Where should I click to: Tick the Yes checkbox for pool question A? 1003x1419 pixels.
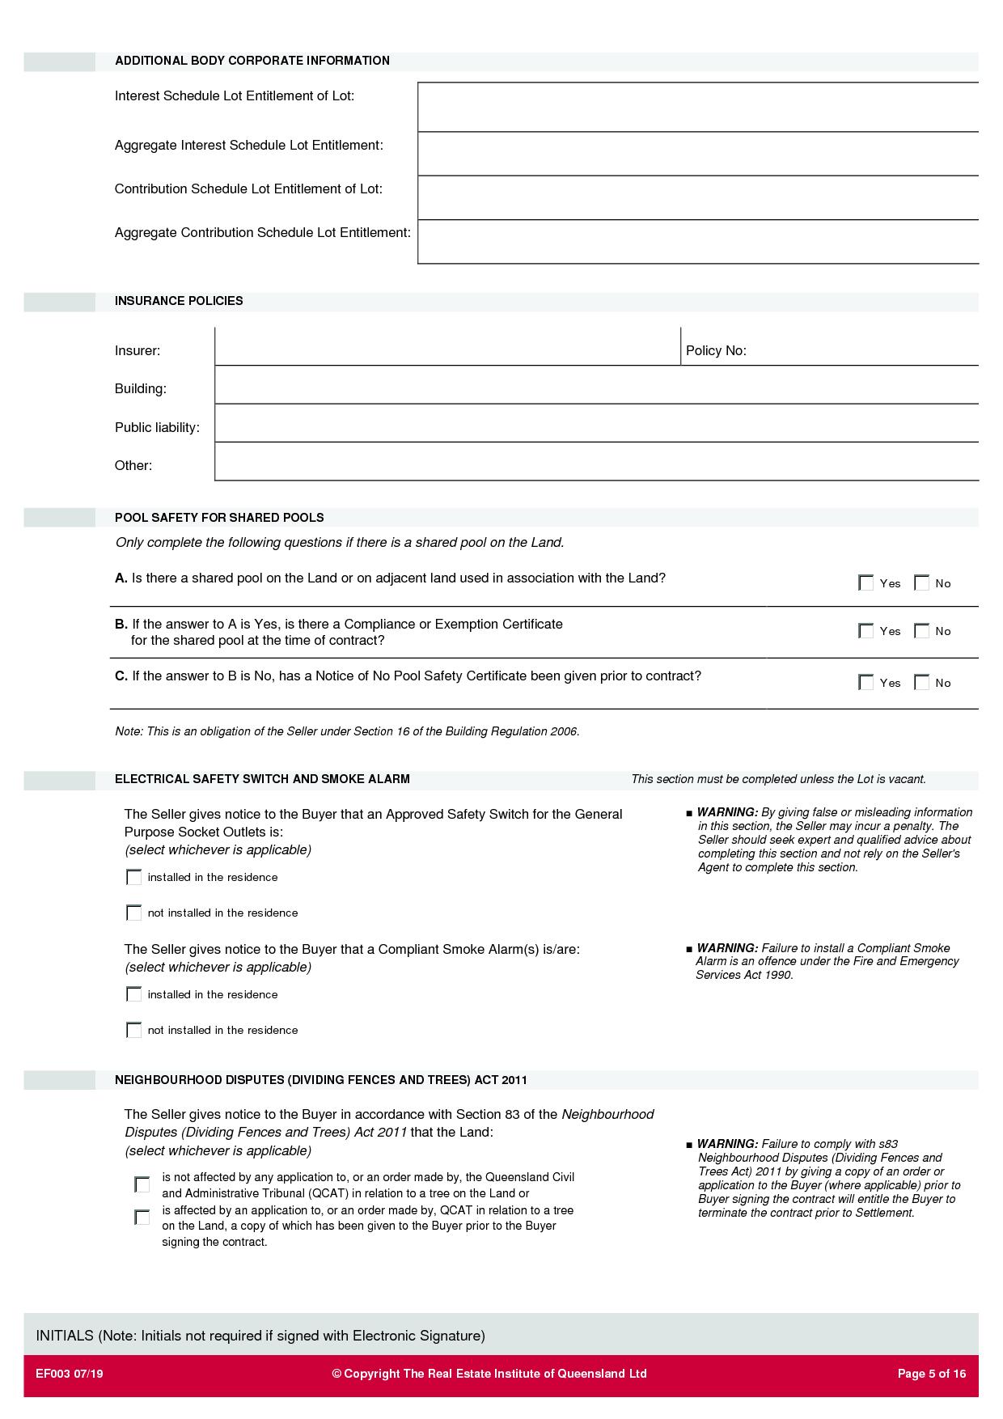(x=865, y=583)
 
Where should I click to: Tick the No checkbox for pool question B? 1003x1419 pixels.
(x=921, y=631)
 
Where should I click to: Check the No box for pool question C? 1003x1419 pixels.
(x=921, y=683)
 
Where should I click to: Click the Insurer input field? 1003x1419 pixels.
(x=447, y=347)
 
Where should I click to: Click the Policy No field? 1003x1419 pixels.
(x=861, y=349)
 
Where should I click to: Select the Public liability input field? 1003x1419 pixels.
(x=596, y=423)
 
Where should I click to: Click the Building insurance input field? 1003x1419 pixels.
(x=596, y=385)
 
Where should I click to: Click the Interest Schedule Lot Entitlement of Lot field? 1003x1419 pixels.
(x=697, y=107)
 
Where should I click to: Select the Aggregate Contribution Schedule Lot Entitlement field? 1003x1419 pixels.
(x=697, y=242)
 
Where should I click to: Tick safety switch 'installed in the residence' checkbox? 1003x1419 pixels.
(x=134, y=878)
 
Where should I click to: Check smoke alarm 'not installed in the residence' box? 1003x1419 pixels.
(x=134, y=1031)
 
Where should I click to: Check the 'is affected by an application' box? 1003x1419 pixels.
(x=142, y=1218)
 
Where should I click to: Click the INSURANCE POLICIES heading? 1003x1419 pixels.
(x=179, y=301)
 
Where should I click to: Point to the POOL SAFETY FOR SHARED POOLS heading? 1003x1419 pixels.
(x=219, y=518)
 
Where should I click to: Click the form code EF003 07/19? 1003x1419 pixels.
(x=70, y=1374)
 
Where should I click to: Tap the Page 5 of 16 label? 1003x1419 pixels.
(x=932, y=1374)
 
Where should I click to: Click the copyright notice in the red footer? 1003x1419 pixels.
(x=489, y=1374)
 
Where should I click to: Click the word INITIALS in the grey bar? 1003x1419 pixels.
(x=65, y=1336)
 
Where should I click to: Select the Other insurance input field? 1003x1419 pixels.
(x=596, y=462)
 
